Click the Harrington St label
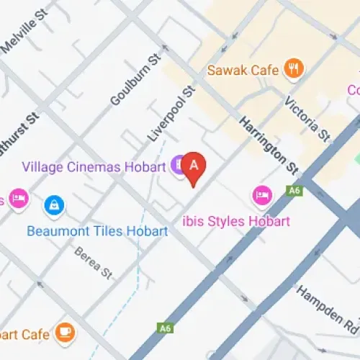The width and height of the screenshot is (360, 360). [268, 145]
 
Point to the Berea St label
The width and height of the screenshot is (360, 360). [94, 264]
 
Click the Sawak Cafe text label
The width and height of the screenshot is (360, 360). [243, 70]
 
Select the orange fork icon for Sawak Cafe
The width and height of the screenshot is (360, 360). [294, 69]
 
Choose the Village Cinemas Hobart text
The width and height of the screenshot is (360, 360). [94, 167]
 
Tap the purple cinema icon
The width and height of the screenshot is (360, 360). [177, 166]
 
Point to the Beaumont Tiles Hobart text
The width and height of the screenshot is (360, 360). [97, 231]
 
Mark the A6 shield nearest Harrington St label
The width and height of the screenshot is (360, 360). [293, 191]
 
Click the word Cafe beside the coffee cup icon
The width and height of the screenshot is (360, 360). [35, 335]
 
